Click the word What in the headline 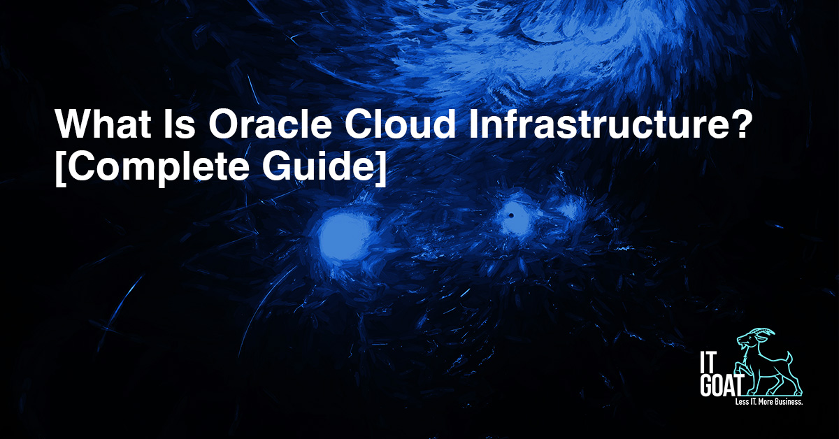coord(103,124)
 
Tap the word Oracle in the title coord(270,124)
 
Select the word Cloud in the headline coord(400,124)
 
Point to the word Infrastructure coord(595,124)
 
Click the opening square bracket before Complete coord(60,168)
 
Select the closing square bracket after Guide coord(382,168)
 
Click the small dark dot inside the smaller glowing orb coord(511,215)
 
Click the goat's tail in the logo coord(789,358)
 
